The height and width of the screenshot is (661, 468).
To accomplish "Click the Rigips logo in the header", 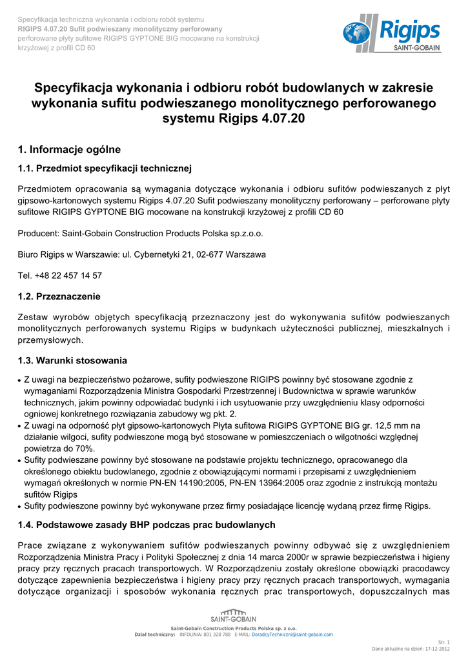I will pos(391,34).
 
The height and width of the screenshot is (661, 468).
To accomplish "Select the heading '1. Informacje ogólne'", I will pos(69,150).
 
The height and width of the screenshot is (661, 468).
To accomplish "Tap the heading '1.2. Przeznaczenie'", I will pos(59,296).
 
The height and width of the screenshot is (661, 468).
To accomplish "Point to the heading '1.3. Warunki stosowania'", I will pos(72,360).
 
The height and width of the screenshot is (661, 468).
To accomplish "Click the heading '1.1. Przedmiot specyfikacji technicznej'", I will pos(105,169).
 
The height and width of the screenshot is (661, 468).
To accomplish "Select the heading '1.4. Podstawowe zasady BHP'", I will pos(147,525).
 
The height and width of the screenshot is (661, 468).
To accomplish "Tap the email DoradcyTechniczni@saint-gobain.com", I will pos(292,635).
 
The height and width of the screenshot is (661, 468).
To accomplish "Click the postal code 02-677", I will pos(214,254).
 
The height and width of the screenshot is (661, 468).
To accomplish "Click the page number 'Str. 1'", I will pos(443,642).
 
